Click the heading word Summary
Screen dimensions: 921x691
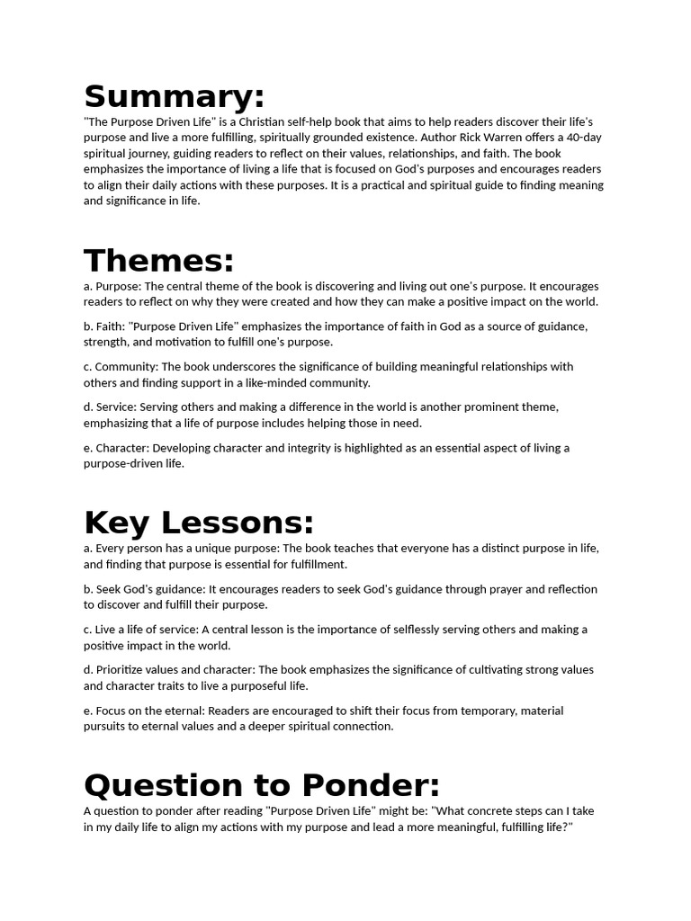tap(175, 96)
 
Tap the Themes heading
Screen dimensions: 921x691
tap(159, 261)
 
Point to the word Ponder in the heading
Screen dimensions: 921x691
tap(371, 785)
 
